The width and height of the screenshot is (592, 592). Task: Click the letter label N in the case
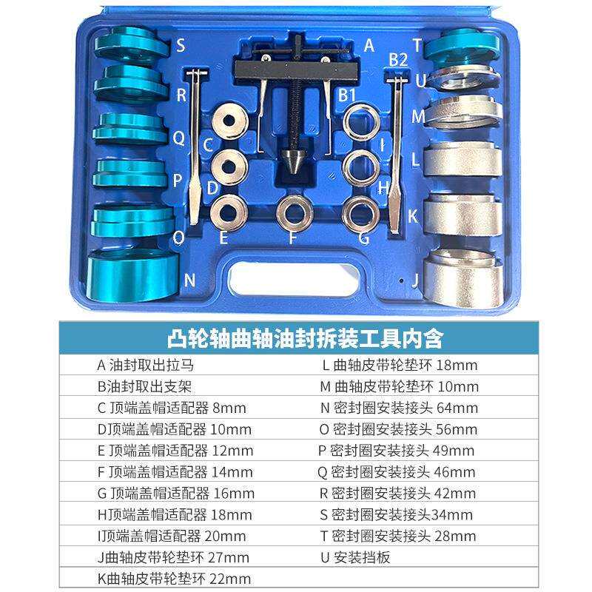pos(189,280)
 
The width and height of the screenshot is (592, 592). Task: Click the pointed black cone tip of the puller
pos(289,158)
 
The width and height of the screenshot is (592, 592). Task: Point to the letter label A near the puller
pos(369,45)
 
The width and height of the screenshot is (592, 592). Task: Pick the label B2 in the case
pos(398,59)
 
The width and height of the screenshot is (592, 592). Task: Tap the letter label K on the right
pos(414,215)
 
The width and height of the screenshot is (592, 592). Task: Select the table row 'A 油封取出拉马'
pos(149,365)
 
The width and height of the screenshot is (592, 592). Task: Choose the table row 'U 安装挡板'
pos(361,557)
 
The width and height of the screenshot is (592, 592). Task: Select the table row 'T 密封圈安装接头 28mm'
pos(398,536)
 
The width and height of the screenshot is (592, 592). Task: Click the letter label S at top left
pos(181,47)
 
